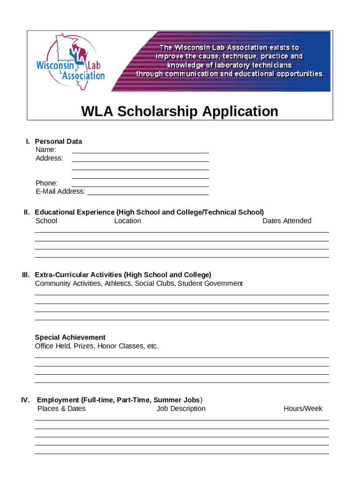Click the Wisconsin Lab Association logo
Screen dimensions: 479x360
(x=70, y=61)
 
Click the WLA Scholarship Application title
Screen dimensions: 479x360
(x=180, y=112)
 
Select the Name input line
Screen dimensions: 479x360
(x=140, y=151)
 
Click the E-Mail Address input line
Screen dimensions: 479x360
(x=148, y=192)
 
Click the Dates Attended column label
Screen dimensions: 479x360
(x=287, y=221)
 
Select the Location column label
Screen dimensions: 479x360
(x=128, y=221)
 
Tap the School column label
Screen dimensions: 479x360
(x=46, y=221)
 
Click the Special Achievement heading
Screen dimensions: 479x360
(x=70, y=337)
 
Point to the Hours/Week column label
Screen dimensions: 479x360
(x=303, y=408)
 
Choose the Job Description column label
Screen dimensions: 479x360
(x=181, y=408)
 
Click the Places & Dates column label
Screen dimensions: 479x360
(x=61, y=408)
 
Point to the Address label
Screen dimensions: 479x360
(x=50, y=158)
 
